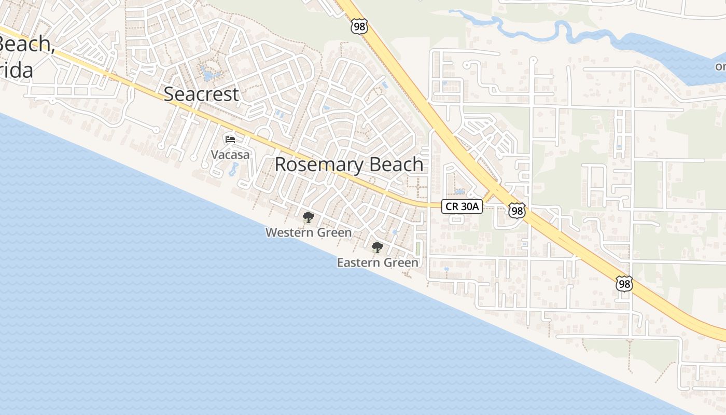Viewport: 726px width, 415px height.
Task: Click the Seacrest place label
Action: (201, 94)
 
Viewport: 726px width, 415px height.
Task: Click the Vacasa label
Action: (230, 155)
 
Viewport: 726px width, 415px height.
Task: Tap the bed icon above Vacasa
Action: (230, 139)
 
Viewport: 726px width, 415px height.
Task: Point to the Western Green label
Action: (309, 232)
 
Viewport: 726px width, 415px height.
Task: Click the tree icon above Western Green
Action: (309, 217)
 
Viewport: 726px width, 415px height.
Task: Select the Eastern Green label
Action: (378, 262)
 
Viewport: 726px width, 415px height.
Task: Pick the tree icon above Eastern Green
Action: (378, 247)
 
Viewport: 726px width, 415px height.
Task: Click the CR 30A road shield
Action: (462, 206)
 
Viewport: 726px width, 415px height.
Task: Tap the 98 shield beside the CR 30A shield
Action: (517, 210)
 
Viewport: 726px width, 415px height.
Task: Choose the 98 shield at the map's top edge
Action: (359, 26)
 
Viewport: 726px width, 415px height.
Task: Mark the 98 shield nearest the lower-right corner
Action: (624, 283)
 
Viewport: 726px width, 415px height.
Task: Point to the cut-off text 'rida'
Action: (17, 70)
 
